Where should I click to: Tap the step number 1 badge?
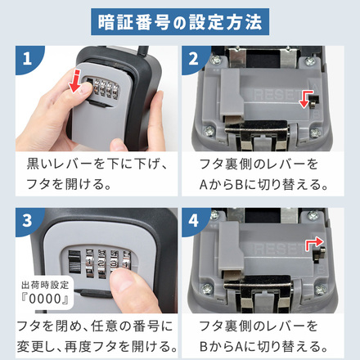[x=29, y=61]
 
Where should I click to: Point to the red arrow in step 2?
[x=308, y=98]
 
